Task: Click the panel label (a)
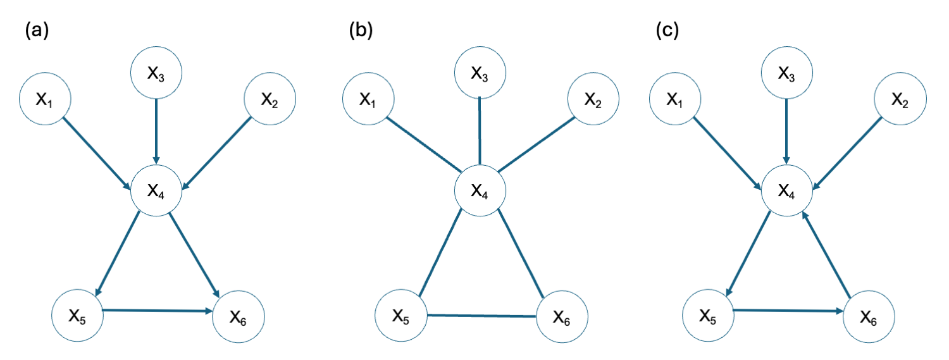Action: [x=36, y=30]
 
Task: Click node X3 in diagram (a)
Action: [x=156, y=73]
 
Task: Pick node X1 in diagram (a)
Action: [x=45, y=99]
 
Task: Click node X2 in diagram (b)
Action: [x=593, y=99]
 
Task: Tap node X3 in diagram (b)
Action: [x=480, y=73]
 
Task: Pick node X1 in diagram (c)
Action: [x=675, y=99]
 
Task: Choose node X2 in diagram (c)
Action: [x=901, y=99]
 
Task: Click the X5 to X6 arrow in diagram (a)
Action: [x=158, y=311]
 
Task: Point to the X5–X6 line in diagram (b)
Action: [x=481, y=316]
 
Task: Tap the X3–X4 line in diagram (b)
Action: [x=480, y=130]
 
